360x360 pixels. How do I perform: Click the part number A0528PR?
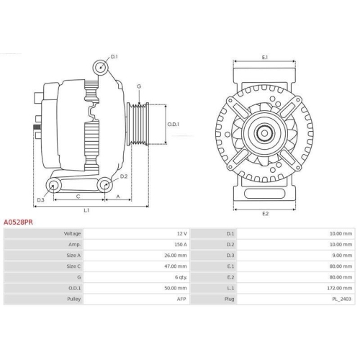coord(18,222)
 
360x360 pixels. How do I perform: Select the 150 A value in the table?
coord(179,244)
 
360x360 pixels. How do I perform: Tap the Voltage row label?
coord(72,234)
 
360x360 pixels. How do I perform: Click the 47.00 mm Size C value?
coord(176,265)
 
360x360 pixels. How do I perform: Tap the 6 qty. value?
coord(180,276)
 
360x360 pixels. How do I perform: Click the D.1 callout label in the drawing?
coord(114,55)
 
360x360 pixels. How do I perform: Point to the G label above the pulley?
coord(138,87)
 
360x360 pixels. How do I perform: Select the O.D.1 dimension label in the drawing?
coord(174,123)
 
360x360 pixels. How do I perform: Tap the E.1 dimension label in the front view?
coord(265,58)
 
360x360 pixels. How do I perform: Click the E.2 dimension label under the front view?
coord(265,213)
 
